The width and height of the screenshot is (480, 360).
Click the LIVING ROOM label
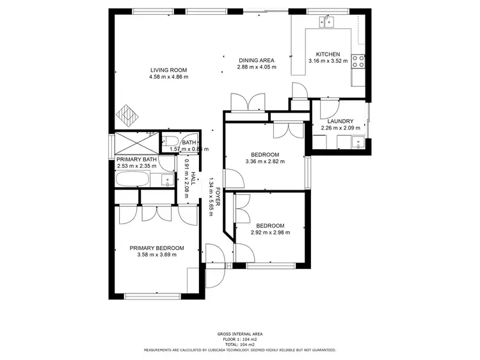pyautogui.click(x=169, y=70)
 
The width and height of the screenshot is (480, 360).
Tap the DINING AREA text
pyautogui.click(x=257, y=60)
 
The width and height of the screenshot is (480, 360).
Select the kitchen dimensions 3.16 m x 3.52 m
pyautogui.click(x=328, y=61)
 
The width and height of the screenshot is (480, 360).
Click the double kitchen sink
pyautogui.click(x=328, y=23)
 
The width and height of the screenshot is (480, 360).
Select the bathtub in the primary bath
pyautogui.click(x=135, y=179)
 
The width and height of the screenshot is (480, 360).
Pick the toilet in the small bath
pyautogui.click(x=172, y=142)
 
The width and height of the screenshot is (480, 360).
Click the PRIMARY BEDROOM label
pyautogui.click(x=157, y=248)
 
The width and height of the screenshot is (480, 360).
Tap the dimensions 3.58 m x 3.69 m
pyautogui.click(x=157, y=255)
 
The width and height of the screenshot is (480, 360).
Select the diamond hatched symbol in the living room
pyautogui.click(x=127, y=116)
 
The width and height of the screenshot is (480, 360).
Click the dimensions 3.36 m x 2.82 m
pyautogui.click(x=265, y=161)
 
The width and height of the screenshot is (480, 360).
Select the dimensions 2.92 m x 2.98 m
pyautogui.click(x=270, y=233)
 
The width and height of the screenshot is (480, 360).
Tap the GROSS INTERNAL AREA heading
pyautogui.click(x=239, y=334)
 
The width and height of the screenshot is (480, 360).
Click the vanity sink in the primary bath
pyautogui.click(x=166, y=180)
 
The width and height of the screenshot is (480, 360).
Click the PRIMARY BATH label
pyautogui.click(x=136, y=159)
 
